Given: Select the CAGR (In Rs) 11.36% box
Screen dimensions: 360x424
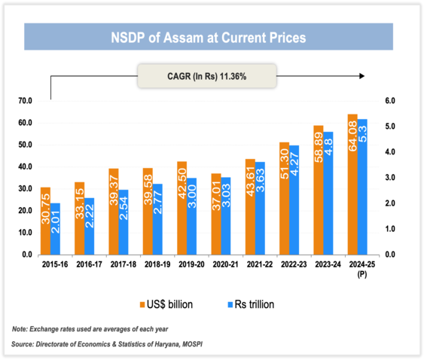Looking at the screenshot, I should (x=207, y=75).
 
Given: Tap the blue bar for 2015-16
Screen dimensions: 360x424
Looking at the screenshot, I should (x=56, y=229).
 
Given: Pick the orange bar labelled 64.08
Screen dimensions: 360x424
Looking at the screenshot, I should (x=352, y=185).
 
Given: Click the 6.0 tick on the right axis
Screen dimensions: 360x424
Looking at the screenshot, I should (x=380, y=101).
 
